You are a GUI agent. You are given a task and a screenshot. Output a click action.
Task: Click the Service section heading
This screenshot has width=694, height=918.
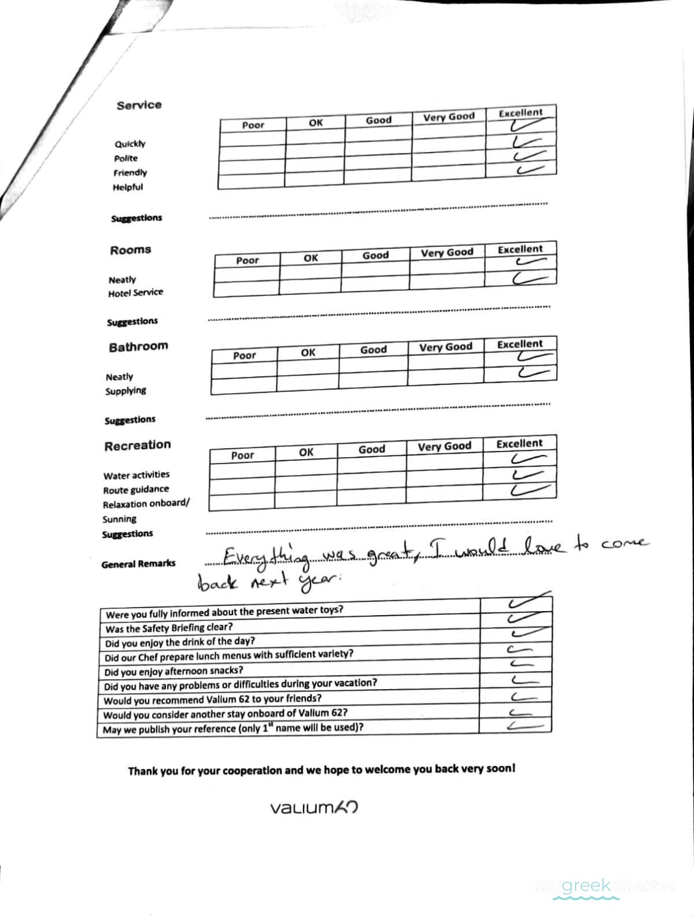pos(139,105)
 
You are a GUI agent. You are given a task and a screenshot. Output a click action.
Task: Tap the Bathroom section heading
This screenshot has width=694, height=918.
pos(138,347)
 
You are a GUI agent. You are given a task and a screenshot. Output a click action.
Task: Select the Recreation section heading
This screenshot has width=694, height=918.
pos(138,445)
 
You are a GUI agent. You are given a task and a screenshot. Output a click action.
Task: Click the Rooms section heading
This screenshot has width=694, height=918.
pos(130,250)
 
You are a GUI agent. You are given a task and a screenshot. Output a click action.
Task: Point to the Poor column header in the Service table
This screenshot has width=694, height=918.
pos(253,125)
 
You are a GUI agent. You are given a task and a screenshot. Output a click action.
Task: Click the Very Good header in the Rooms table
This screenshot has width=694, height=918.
pos(446,253)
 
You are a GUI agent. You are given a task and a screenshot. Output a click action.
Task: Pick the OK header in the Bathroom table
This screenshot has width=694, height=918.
pos(308,353)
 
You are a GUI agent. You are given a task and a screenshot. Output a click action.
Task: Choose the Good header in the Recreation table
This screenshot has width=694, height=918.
pos(371,449)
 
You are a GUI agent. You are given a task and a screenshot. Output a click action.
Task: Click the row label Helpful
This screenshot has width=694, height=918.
pos(128,187)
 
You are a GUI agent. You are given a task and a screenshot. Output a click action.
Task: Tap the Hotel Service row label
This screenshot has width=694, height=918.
pos(135,293)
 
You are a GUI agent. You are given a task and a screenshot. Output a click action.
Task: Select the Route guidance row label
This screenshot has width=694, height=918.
pos(136,490)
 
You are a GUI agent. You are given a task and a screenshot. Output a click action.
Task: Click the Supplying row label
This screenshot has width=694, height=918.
pos(125,391)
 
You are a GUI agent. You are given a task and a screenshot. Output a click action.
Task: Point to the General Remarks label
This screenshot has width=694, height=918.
pos(138,564)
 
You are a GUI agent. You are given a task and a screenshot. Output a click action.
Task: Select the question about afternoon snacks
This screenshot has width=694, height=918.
pos(173,671)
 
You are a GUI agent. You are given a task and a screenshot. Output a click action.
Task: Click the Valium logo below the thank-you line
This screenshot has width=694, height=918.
pos(314,807)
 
